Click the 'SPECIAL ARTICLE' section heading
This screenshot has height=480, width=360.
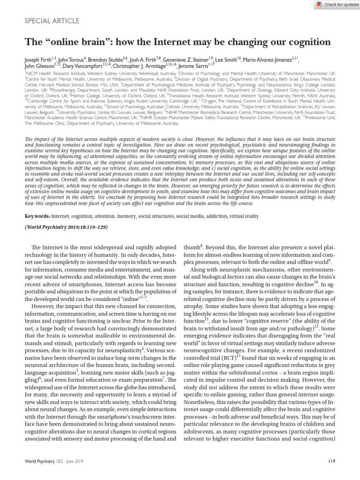click(x=52, y=21)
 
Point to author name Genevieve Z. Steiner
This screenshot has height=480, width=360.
click(x=186, y=60)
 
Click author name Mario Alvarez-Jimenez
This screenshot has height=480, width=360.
click(x=270, y=60)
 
